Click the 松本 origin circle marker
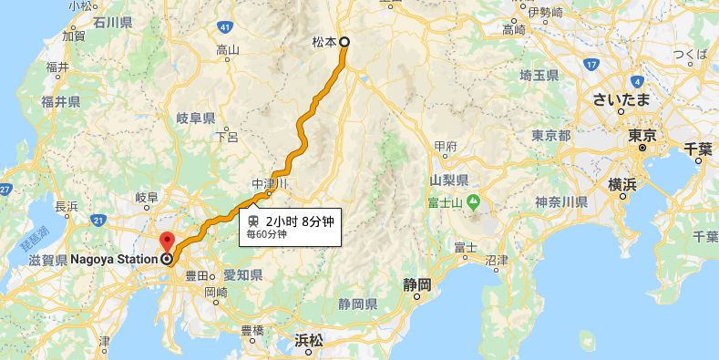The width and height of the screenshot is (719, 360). pos(345,42)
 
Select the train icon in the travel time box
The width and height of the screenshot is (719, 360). pos(252,220)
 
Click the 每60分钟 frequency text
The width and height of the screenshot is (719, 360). pos(267,234)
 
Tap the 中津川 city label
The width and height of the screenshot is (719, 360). pos(270,183)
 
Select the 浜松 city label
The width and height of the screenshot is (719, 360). pos(309,340)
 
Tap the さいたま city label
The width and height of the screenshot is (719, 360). pos(620,98)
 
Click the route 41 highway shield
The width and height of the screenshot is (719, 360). pos(223,26)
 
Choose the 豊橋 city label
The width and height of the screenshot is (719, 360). pos(252,330)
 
